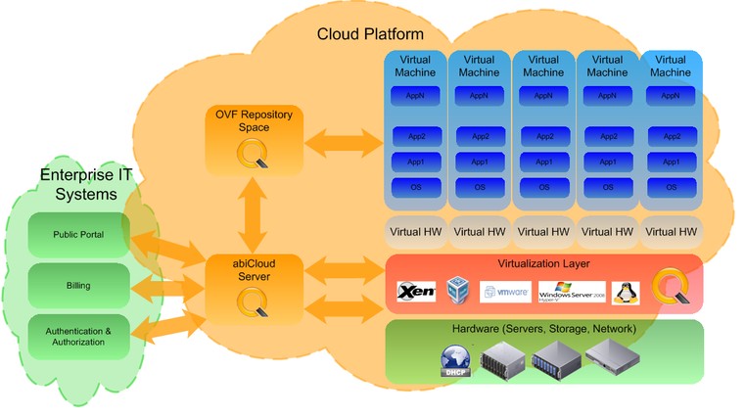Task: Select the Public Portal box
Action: [x=79, y=235]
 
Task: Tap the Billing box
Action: [x=79, y=286]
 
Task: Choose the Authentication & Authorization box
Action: [x=79, y=337]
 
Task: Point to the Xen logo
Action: [x=416, y=291]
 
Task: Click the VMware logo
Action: [x=504, y=291]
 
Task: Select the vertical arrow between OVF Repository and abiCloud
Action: [x=255, y=216]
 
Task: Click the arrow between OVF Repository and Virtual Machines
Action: [x=344, y=144]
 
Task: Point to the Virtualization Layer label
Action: [x=542, y=265]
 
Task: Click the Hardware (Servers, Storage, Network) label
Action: [x=544, y=329]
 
